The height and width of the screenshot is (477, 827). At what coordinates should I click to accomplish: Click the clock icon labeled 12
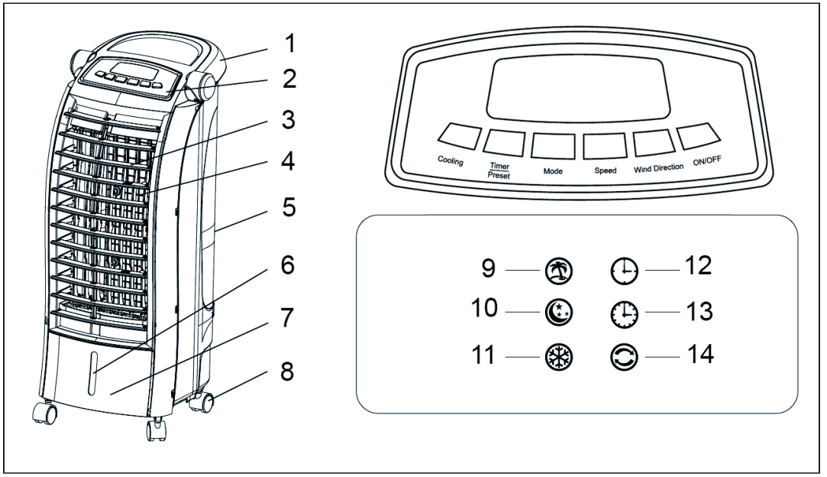pos(624,270)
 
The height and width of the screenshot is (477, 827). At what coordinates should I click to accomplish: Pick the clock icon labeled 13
pos(624,313)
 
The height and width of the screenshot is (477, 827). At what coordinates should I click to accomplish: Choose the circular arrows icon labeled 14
pos(624,356)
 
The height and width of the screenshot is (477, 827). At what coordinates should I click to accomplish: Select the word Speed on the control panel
pos(605,170)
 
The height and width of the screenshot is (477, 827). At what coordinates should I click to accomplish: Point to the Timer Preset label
pos(499,169)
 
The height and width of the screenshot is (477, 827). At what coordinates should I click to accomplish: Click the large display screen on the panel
pos(580,84)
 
